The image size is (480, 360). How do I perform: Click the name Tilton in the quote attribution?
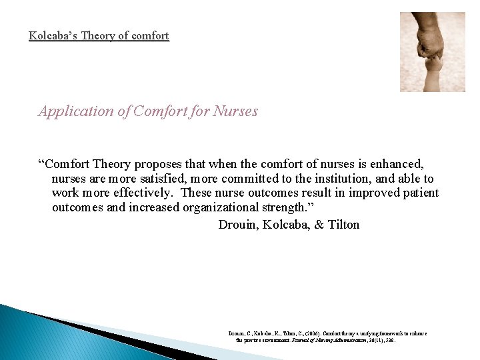click(x=342, y=224)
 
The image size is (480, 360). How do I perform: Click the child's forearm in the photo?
click(x=433, y=77)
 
